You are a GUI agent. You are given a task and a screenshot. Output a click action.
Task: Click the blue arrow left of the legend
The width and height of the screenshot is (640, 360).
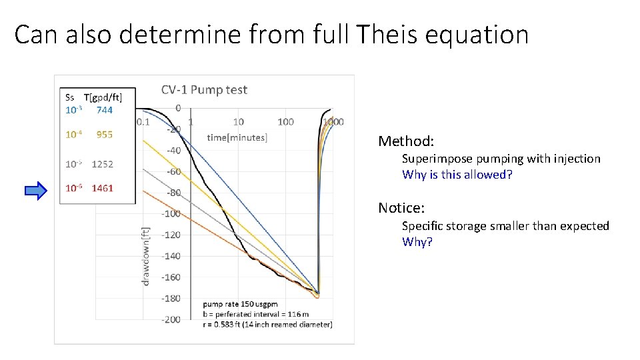(x=36, y=191)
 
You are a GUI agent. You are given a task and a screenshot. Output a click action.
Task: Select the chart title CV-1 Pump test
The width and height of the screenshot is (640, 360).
(x=204, y=90)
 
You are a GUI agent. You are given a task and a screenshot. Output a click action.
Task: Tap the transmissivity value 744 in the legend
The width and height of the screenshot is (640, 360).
(x=105, y=110)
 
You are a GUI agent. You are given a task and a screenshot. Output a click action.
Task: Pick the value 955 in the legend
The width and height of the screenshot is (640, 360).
(x=105, y=134)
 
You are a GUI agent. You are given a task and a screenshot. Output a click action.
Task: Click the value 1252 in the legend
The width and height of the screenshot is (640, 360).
(x=103, y=164)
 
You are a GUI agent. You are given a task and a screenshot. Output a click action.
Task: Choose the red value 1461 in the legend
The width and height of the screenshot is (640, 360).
(x=103, y=188)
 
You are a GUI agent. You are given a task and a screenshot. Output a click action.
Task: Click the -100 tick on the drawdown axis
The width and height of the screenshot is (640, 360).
(x=171, y=213)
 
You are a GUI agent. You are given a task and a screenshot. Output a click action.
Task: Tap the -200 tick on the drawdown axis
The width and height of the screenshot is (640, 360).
(x=171, y=319)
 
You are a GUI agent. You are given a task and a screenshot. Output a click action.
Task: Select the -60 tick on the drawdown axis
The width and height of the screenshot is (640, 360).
(x=173, y=171)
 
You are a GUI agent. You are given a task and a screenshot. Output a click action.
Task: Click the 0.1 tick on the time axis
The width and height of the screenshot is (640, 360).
(x=143, y=122)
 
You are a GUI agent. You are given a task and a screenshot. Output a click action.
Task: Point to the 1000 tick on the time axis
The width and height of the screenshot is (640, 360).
(x=333, y=122)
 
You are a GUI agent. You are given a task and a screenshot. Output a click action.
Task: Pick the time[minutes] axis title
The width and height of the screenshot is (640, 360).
(x=237, y=137)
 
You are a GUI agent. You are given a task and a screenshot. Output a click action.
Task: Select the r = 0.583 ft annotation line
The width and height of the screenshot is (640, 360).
(x=267, y=324)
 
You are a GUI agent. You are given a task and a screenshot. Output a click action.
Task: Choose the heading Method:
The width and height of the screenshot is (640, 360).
(x=406, y=141)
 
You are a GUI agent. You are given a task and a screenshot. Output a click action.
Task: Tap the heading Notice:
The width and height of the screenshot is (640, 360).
(x=401, y=208)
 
